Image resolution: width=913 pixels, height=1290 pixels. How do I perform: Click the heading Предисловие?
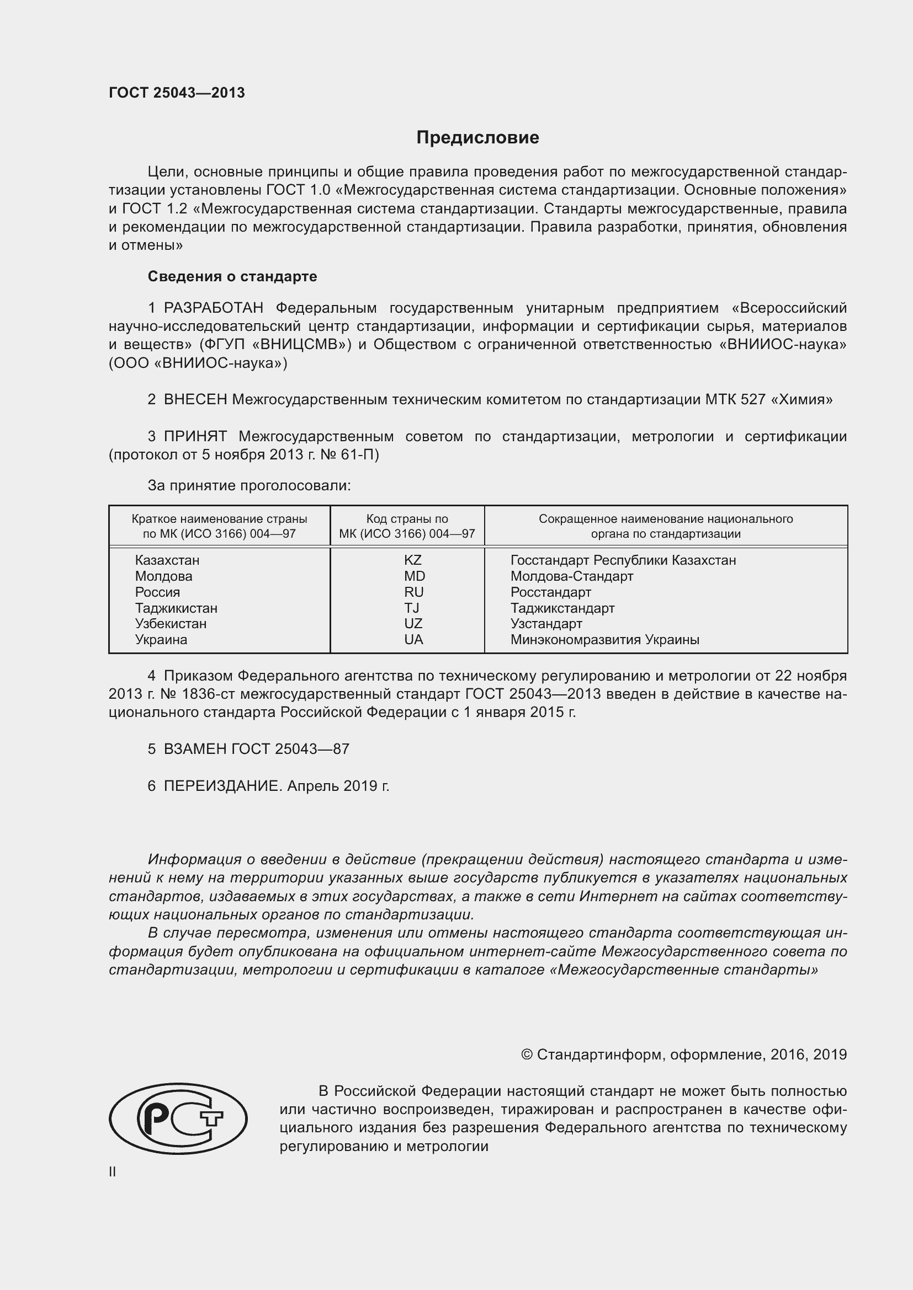(477, 138)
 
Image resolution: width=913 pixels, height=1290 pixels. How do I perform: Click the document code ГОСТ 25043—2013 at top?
(177, 93)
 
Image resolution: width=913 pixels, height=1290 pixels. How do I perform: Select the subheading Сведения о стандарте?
(232, 276)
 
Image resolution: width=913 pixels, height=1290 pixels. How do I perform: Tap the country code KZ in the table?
(413, 560)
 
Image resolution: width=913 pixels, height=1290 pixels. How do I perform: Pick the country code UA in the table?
(413, 639)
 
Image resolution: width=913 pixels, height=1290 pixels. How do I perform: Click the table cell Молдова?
(163, 576)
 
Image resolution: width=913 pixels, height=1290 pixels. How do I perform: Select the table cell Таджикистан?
(176, 608)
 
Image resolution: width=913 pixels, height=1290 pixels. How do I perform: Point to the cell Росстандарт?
(550, 592)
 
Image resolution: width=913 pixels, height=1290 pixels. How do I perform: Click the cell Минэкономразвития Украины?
(604, 639)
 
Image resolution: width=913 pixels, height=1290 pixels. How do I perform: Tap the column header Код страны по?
(407, 518)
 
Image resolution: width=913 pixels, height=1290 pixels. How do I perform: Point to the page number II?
(113, 1171)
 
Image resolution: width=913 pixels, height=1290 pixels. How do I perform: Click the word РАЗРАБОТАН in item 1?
(214, 308)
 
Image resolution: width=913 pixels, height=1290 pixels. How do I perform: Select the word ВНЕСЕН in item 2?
(195, 399)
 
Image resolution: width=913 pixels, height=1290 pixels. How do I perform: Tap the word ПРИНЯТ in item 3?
(195, 436)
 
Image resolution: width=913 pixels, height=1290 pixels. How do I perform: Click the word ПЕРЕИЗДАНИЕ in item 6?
(221, 785)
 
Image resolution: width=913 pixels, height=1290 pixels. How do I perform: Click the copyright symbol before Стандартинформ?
(526, 1055)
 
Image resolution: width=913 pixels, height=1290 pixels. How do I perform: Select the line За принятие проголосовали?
(249, 485)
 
